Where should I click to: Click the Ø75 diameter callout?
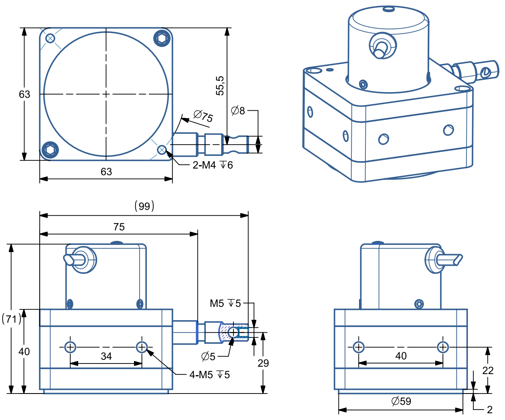(x=203, y=116)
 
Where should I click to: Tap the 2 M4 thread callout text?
(x=212, y=165)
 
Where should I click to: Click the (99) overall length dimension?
(x=144, y=206)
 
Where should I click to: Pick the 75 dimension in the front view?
(x=119, y=227)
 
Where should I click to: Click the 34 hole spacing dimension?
(x=106, y=356)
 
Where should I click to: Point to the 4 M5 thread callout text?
(x=209, y=375)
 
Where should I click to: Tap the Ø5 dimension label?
(x=209, y=355)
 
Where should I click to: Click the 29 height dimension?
(x=263, y=363)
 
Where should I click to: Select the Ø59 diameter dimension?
(x=401, y=401)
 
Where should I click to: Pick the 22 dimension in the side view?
(x=487, y=370)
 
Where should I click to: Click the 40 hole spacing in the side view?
(x=401, y=356)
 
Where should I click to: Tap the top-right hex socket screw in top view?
(x=162, y=38)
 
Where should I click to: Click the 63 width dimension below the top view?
(x=106, y=172)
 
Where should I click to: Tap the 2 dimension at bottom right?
(x=489, y=410)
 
